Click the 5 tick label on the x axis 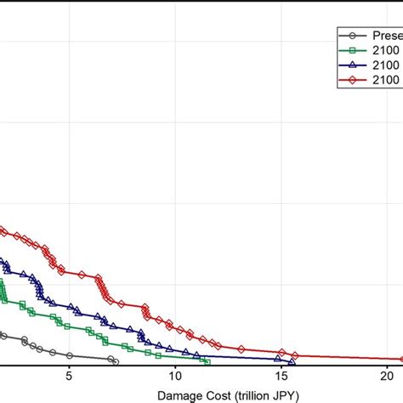69,375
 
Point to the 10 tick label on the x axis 175,375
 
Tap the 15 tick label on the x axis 281,375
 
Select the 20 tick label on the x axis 387,375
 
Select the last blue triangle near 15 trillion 291,362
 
